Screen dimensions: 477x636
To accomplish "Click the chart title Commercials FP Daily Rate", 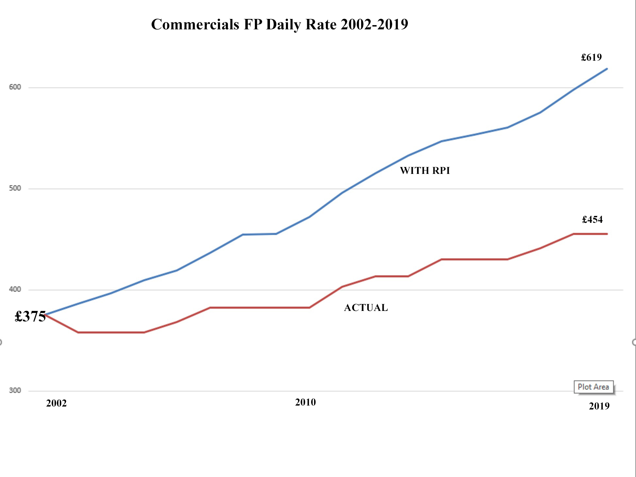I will (279, 24).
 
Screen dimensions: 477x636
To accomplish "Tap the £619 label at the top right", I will (591, 57).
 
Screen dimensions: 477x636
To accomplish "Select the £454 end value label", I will (592, 220).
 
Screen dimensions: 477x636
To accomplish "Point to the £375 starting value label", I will (30, 316).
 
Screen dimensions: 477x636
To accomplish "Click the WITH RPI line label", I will (425, 171).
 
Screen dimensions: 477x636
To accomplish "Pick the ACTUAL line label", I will (366, 308).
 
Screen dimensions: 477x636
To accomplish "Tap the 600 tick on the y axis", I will (15, 87).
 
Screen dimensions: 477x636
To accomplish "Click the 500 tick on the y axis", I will (15, 188).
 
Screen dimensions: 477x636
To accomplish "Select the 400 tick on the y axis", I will (15, 289).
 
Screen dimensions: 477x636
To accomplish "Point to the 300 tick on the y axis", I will (15, 391).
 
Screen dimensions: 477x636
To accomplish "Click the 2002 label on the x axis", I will (56, 404).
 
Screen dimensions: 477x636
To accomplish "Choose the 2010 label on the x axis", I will (305, 402).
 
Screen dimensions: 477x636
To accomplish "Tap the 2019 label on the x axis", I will (599, 406).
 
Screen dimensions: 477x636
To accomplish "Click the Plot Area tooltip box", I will (593, 387).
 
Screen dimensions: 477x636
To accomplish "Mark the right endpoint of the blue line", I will (607, 69).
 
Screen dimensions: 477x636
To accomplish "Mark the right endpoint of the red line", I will (607, 234).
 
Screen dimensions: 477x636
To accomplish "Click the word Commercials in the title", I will (195, 24).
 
